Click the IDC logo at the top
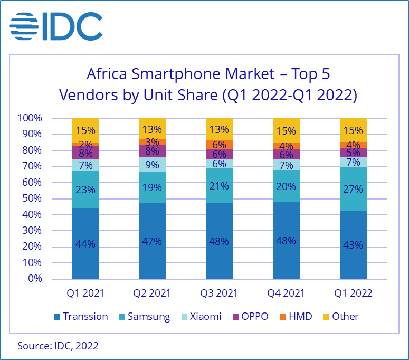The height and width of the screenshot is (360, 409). point(56,25)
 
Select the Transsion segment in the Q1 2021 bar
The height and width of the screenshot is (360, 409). point(85,243)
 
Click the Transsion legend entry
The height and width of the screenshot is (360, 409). point(80,317)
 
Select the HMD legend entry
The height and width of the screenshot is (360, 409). point(295,317)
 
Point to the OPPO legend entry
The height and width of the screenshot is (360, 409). point(250,317)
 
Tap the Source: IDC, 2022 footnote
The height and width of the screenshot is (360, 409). point(58,346)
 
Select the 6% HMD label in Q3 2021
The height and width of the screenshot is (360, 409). point(219,145)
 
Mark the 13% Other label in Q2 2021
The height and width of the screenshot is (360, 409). point(153,129)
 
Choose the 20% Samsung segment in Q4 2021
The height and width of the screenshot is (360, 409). point(286,186)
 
